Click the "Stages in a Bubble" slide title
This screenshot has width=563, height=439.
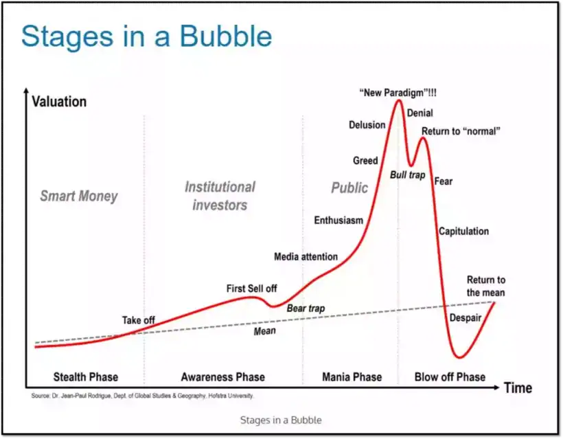[x=146, y=37]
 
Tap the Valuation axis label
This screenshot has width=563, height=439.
[x=59, y=102]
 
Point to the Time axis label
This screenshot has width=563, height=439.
[x=517, y=387]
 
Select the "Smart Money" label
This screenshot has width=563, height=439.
[x=78, y=196]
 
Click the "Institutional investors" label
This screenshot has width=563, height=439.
[x=220, y=196]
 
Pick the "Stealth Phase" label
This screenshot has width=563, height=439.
[x=86, y=376]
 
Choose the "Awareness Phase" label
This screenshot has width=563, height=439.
[x=222, y=376]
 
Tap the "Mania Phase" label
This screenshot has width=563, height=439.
[x=352, y=376]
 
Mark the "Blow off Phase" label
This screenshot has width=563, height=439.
[x=450, y=376]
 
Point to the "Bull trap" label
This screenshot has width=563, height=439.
[x=407, y=175]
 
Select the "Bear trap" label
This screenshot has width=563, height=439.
[x=306, y=308]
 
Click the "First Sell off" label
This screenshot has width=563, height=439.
[x=251, y=289]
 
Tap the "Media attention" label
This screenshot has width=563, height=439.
[x=306, y=257]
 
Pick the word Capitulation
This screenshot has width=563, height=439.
[x=464, y=232]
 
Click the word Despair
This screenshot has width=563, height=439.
[x=465, y=318]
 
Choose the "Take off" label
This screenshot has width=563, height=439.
[x=139, y=320]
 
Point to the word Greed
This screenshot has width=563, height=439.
[x=365, y=161]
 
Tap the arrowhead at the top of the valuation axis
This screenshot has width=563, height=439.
[x=26, y=92]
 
